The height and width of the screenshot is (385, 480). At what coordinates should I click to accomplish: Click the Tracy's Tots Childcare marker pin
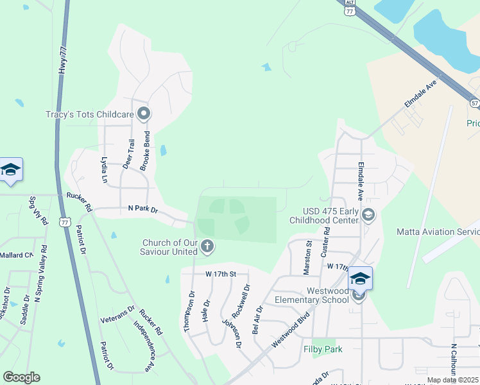(143, 114)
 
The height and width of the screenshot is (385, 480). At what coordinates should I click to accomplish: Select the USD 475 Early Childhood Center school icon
(368, 215)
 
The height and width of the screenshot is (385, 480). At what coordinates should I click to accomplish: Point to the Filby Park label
(323, 350)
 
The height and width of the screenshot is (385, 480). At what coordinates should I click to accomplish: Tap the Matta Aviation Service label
(438, 232)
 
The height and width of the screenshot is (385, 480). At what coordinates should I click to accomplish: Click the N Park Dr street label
(142, 209)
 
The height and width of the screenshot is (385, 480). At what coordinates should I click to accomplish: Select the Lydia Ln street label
(105, 169)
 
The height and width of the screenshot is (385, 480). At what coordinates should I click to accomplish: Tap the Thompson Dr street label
(190, 311)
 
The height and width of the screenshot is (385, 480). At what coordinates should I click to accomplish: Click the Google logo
(21, 377)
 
